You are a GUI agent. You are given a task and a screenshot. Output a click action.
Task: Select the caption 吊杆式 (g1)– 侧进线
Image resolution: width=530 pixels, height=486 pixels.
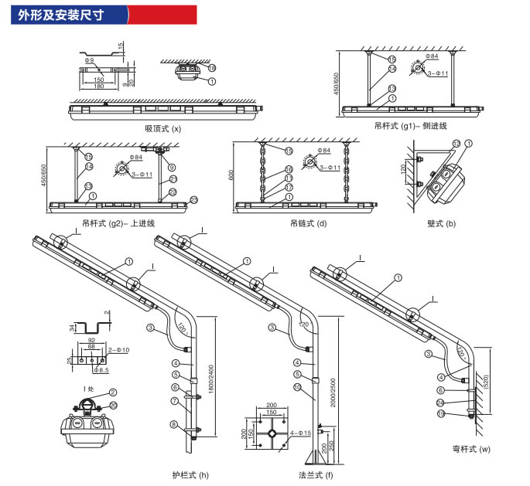click(411, 125)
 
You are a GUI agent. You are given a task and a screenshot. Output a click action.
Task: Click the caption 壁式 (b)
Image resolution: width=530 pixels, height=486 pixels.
click(441, 223)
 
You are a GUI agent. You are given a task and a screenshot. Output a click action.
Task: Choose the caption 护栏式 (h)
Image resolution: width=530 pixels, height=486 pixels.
click(190, 474)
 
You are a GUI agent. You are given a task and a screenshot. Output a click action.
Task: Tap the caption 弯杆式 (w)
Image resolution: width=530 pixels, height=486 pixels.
click(472, 449)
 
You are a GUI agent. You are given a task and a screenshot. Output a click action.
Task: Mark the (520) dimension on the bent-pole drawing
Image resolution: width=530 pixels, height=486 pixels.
click(486, 381)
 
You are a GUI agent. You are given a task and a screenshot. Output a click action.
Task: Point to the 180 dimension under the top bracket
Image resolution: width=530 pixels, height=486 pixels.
click(99, 86)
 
